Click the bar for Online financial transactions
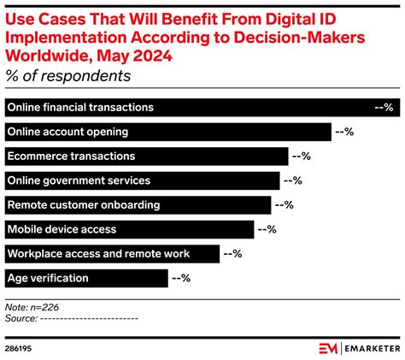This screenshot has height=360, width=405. click(188, 108)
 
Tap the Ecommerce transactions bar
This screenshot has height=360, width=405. click(146, 156)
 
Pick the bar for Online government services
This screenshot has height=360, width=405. click(142, 180)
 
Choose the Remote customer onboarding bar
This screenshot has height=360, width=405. click(138, 205)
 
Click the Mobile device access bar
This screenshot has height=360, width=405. click(129, 229)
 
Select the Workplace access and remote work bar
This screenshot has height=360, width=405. click(112, 254)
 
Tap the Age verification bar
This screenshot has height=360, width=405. click(86, 278)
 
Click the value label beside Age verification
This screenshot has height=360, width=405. click(180, 278)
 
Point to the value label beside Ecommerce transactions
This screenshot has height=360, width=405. click(301, 156)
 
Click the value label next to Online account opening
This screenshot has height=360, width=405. click(343, 132)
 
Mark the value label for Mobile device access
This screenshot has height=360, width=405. click(267, 229)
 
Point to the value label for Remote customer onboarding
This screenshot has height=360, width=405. click(284, 205)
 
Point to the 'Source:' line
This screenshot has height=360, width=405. click(72, 317)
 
